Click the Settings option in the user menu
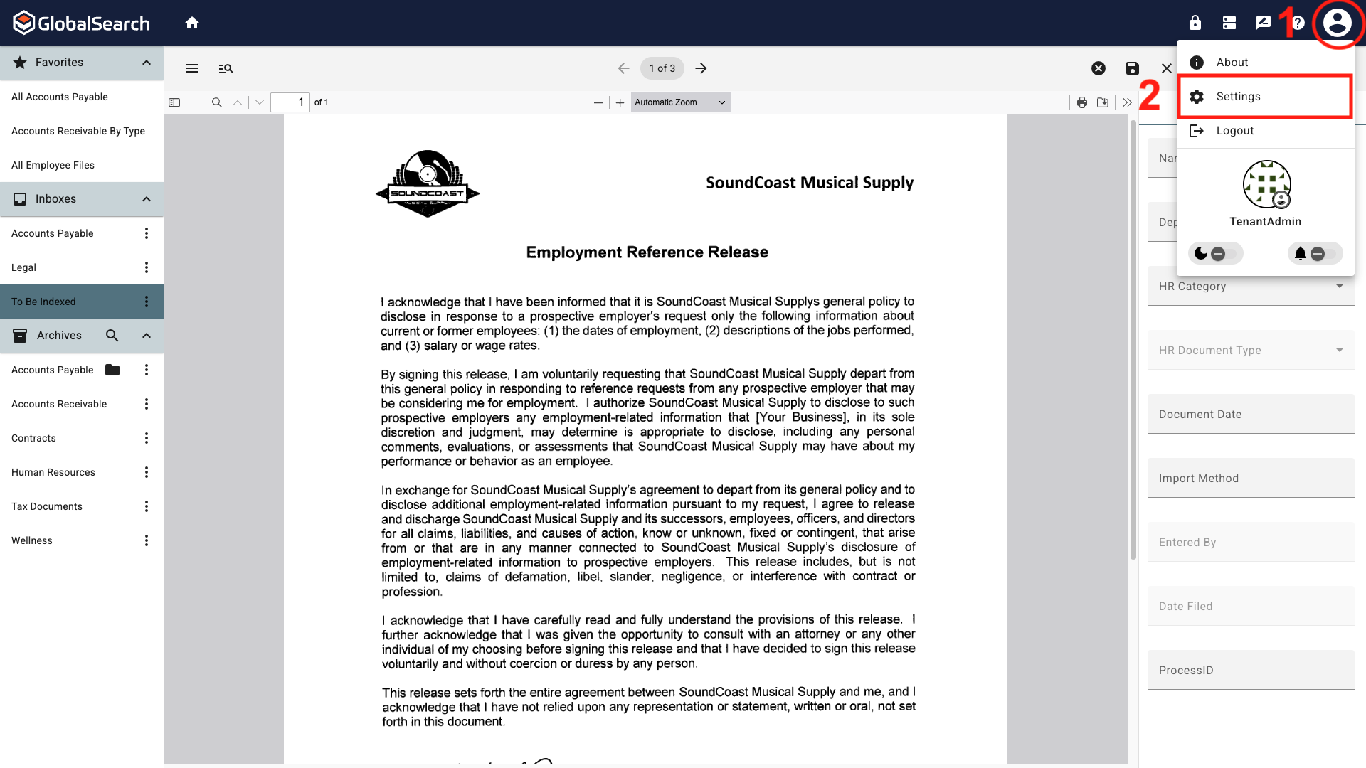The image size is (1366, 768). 1238,97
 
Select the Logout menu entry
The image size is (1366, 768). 1234,131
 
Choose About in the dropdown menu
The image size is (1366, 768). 1232,63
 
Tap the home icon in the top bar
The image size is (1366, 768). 191,23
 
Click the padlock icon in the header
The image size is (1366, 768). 1195,23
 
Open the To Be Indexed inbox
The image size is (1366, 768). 44,302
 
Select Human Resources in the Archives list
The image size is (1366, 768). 53,472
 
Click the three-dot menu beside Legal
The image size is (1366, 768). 147,267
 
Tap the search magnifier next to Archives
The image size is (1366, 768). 112,336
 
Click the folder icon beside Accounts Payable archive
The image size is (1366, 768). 112,370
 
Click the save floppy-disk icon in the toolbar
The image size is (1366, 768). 1133,68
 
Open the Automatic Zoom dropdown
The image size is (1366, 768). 680,102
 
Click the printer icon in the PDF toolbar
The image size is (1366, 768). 1082,102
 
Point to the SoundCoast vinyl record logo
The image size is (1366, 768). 428,183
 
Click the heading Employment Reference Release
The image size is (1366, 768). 647,252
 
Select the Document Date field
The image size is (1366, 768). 1250,414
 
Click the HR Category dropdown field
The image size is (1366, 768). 1250,286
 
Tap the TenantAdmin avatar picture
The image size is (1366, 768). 1266,184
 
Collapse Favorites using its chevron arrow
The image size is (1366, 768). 147,63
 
